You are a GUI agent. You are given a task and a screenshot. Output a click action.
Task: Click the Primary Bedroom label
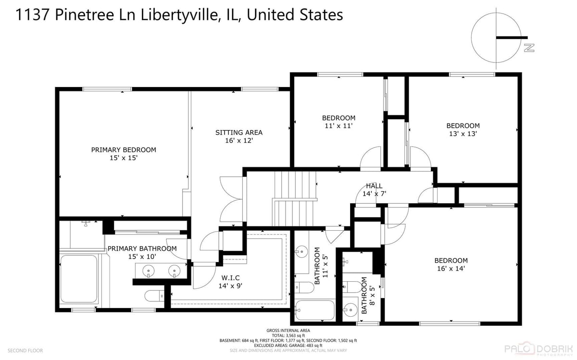point(124,149)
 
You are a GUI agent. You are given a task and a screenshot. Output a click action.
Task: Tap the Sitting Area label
point(239,132)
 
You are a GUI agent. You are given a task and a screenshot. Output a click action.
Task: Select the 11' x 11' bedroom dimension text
point(339,126)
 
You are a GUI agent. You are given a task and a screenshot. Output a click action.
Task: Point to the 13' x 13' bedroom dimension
point(463,134)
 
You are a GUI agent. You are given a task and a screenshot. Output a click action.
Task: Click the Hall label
point(374,186)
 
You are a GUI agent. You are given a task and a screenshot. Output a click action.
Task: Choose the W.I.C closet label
point(230,278)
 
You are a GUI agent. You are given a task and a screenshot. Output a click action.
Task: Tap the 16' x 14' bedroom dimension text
point(451,268)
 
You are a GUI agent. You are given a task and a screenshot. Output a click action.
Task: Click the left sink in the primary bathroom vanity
point(149,271)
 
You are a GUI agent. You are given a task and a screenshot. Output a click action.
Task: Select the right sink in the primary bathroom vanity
point(175,271)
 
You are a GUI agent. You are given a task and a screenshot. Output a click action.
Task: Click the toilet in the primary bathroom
point(154,296)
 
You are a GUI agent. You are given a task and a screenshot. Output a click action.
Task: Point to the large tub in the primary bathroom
point(79,279)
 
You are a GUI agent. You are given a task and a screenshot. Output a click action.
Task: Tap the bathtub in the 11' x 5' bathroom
point(315,310)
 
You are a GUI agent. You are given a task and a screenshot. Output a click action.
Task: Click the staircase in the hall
point(294,199)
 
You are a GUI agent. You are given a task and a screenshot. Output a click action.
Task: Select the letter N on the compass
point(529,48)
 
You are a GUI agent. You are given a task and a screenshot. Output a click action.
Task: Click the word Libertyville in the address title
point(178,15)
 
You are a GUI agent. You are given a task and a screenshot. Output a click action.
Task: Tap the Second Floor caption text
point(25,350)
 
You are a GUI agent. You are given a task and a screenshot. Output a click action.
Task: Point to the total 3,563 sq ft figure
point(288,335)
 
